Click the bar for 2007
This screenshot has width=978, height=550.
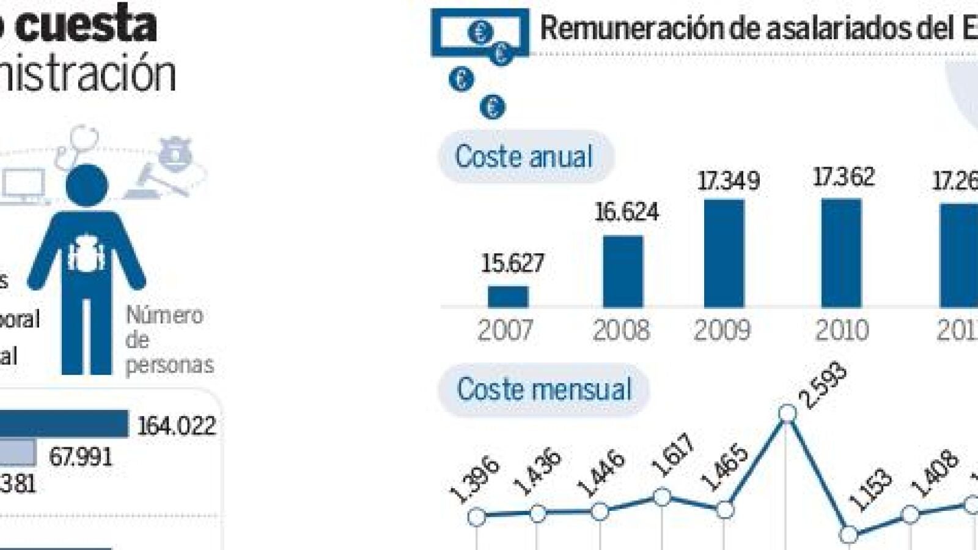pos(507,297)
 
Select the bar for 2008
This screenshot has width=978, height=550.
pos(622,272)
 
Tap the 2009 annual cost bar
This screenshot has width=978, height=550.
pos(724,254)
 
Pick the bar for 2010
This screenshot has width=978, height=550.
pos(841,253)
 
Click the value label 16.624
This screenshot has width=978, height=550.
pos(627,212)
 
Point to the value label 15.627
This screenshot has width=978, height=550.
pos(512,264)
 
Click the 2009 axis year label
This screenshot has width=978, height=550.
pos(721,330)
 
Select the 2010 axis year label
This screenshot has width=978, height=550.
pos(841,330)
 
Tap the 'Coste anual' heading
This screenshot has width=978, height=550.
pos(524,157)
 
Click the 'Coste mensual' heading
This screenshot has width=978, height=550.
pos(543,389)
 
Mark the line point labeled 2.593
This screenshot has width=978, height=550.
pos(787,414)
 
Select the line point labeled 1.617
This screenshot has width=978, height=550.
pos(662,497)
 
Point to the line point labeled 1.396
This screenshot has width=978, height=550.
pos(477,517)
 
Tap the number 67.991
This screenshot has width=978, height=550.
pos(81,457)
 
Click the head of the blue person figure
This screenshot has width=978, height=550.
pos(87,185)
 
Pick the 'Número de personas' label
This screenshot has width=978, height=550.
pos(169,340)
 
